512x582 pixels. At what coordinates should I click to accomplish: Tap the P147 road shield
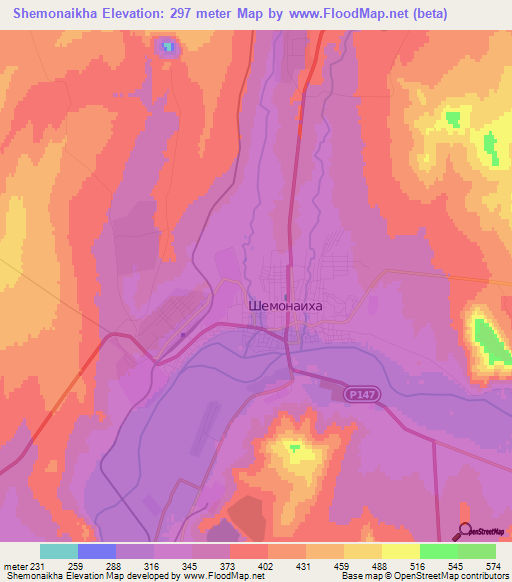tap(363, 396)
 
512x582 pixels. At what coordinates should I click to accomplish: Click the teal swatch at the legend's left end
tap(59, 551)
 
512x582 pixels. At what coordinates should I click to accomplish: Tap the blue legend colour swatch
tap(97, 551)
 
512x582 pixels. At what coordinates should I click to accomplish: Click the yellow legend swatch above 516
tap(401, 551)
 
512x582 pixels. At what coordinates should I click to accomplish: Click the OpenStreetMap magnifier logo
tap(465, 532)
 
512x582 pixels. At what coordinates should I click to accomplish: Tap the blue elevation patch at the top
tap(167, 46)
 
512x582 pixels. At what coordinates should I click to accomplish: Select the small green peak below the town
tap(294, 448)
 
